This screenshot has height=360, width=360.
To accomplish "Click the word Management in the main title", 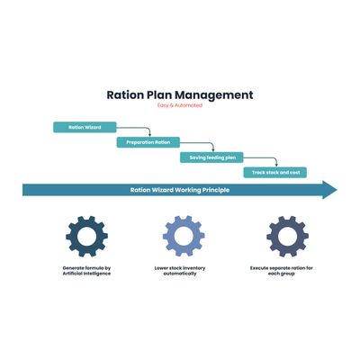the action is (x=214, y=95).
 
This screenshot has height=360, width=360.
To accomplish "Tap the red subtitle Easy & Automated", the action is (x=180, y=105).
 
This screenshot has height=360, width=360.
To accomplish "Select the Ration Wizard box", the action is (x=85, y=127).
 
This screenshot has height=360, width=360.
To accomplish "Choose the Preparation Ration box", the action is (x=148, y=142).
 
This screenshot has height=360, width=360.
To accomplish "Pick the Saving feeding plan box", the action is (x=211, y=157).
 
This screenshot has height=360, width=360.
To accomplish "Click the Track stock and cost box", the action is (x=275, y=173).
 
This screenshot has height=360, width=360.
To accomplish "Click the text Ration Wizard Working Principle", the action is (x=180, y=190).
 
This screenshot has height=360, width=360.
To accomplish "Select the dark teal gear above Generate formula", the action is (x=86, y=237).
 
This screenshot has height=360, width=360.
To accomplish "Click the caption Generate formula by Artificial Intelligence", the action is (x=86, y=271).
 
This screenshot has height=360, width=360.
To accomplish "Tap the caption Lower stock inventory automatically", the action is (x=180, y=271).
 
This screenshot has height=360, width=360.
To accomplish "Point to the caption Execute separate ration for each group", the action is (x=282, y=271).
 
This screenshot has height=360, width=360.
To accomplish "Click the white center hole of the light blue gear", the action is (x=184, y=236).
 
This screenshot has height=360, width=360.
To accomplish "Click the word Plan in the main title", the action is (x=159, y=94).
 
